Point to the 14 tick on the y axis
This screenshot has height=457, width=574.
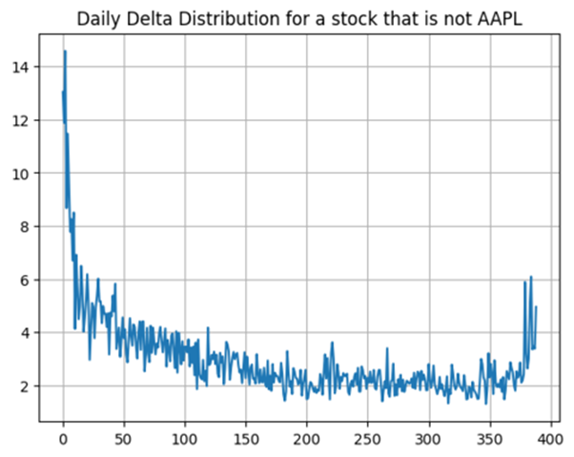click(20, 67)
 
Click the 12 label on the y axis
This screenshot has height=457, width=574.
click(20, 120)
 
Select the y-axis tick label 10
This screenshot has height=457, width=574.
click(20, 174)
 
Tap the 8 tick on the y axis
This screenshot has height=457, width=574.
click(24, 227)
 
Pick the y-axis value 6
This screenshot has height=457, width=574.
click(24, 280)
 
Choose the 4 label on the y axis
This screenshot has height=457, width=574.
click(24, 333)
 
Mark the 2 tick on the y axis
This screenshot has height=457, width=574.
click(24, 386)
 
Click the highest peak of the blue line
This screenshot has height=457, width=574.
click(65, 52)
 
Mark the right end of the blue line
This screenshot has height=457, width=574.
click(537, 307)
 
